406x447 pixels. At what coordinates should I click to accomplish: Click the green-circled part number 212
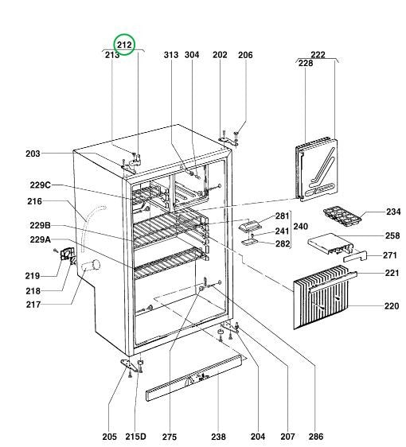125,46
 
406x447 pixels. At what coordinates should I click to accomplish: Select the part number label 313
170,55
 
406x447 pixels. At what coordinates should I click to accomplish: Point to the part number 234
393,212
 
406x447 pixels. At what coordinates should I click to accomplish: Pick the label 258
393,236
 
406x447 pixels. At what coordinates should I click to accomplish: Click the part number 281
282,216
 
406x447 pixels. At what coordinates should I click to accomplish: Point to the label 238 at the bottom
218,437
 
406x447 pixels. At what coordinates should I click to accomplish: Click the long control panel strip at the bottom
196,383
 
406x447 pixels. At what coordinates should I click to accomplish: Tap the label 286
315,437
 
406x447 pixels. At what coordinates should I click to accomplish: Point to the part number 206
245,55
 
